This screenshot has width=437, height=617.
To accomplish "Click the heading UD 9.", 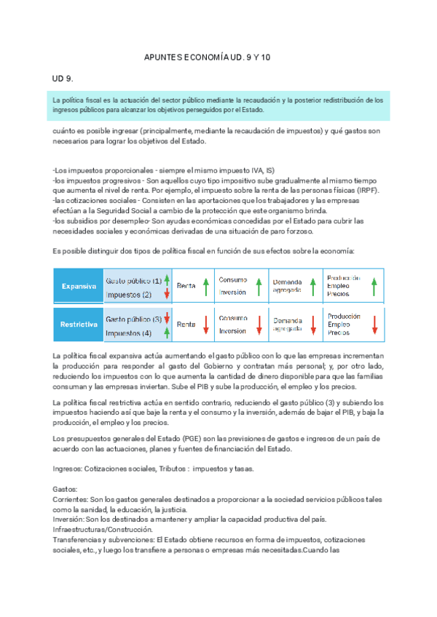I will (x=63, y=78).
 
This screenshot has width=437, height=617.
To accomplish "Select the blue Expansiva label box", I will (x=78, y=287).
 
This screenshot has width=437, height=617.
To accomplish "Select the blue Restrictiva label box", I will (x=78, y=325).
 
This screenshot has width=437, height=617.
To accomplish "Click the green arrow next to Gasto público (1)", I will (x=167, y=280).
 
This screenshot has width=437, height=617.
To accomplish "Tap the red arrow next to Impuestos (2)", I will (x=167, y=294).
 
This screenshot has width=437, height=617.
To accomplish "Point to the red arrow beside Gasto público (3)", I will (x=167, y=319).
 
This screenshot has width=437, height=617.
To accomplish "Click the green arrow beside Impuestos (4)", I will (x=167, y=333).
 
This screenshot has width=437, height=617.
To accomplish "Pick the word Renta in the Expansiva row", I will (x=186, y=287).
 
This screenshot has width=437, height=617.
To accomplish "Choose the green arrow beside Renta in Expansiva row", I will (x=206, y=287).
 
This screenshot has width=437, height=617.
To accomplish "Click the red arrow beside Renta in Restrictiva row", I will (x=206, y=325).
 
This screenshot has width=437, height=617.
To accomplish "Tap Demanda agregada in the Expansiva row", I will (x=287, y=287).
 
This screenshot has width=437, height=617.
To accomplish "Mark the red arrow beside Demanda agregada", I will (x=312, y=325).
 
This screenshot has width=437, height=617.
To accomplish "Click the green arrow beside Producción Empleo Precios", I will (x=374, y=287).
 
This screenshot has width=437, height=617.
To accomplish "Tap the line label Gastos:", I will (x=66, y=490).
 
